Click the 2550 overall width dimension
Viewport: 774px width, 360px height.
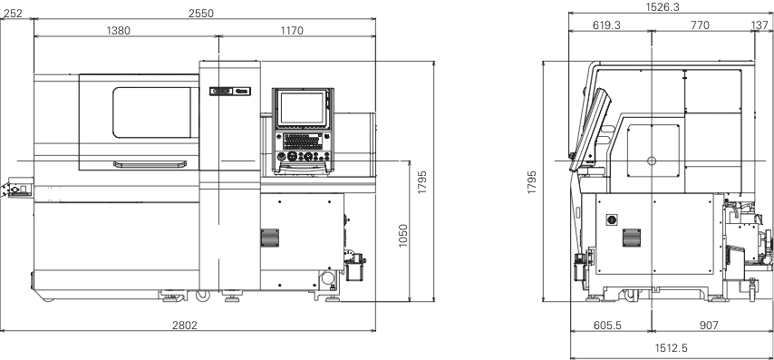tap(201, 14)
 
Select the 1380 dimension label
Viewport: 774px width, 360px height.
tap(119, 31)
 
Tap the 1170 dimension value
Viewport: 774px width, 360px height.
tap(292, 31)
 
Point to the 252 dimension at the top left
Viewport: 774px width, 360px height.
tap(13, 14)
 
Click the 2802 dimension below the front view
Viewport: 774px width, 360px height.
tap(185, 325)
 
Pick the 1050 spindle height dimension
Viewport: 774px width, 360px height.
tap(403, 236)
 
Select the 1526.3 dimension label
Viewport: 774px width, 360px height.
tap(663, 7)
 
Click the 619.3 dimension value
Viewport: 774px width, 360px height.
tap(606, 25)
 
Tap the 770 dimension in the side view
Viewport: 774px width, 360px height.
tap(700, 25)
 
